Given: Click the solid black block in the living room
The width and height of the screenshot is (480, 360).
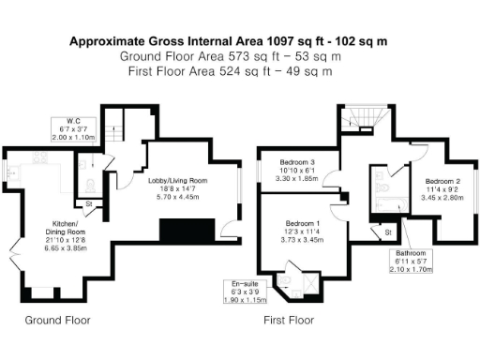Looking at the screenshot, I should pyautogui.click(x=187, y=230).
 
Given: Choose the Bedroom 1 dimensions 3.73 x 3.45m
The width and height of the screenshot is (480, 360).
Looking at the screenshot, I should pyautogui.click(x=306, y=240).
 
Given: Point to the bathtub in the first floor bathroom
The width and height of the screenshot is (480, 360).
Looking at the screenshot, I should pyautogui.click(x=379, y=192).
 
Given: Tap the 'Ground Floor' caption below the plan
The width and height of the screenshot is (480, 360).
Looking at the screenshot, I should pyautogui.click(x=57, y=320).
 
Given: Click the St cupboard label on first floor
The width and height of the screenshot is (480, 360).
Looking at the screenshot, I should pyautogui.click(x=386, y=231).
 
